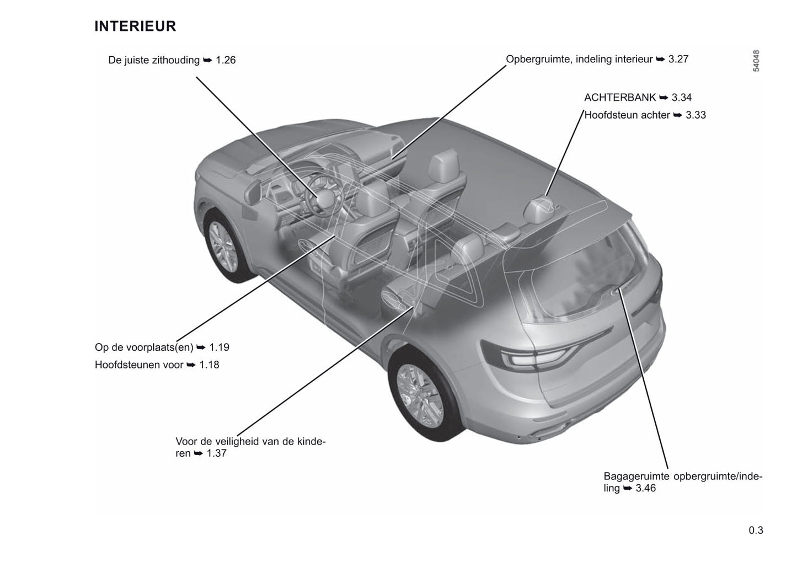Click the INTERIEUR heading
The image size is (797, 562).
pyautogui.click(x=135, y=26)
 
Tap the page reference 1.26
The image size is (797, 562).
pyautogui.click(x=226, y=60)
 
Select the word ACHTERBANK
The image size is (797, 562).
pyautogui.click(x=620, y=98)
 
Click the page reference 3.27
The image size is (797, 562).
pyautogui.click(x=678, y=59)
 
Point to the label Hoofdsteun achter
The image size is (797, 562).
pyautogui.click(x=627, y=115)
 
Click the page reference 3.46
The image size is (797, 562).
pyautogui.click(x=645, y=488)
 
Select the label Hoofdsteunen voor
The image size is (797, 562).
pyautogui.click(x=139, y=365)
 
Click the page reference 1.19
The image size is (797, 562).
pyautogui.click(x=219, y=347)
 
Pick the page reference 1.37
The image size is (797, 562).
pyautogui.click(x=216, y=453)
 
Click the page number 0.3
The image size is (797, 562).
pyautogui.click(x=756, y=531)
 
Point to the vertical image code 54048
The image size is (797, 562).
pyautogui.click(x=756, y=61)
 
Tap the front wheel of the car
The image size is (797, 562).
pyautogui.click(x=224, y=246)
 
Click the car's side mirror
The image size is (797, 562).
pyautogui.click(x=253, y=192)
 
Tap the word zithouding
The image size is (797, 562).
pyautogui.click(x=176, y=60)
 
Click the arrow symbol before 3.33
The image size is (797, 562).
pyautogui.click(x=677, y=115)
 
